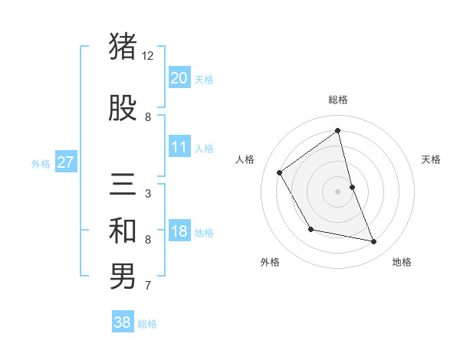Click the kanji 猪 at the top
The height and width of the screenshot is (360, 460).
click(123, 46)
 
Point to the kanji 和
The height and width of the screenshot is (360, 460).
click(123, 231)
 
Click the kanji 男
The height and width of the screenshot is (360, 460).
click(123, 277)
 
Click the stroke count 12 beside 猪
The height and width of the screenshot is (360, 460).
click(148, 56)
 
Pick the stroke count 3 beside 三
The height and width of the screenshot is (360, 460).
click(148, 194)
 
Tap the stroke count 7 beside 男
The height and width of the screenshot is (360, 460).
click(148, 286)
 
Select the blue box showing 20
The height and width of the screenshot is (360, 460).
click(179, 77)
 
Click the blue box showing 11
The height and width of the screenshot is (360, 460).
click(179, 147)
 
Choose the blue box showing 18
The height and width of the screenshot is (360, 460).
click(179, 231)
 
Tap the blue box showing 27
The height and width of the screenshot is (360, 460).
click(66, 162)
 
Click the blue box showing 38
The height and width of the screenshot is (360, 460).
click(123, 322)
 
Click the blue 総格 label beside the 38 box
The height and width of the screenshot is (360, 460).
click(147, 324)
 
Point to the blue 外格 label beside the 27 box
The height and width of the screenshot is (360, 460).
click(41, 163)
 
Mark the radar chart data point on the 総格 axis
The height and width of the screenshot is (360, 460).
click(337, 131)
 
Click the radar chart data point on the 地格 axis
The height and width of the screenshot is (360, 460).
click(374, 242)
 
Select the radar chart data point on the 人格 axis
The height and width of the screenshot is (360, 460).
click(280, 172)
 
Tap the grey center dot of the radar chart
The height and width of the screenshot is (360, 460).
click(337, 191)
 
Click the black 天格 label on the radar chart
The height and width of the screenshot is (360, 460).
click(431, 159)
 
